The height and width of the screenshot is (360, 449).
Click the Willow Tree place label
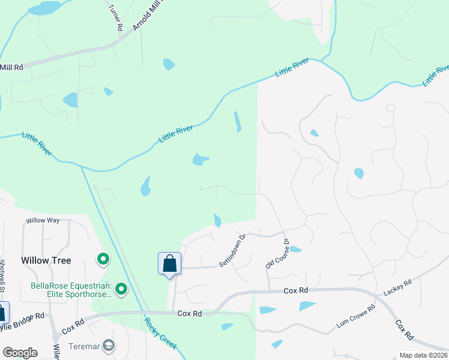(46, 260)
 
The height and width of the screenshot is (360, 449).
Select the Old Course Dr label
(277, 254)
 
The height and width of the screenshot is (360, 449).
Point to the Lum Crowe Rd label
(355, 317)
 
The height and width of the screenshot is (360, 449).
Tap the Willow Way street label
(42, 220)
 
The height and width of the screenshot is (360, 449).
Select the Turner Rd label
(116, 18)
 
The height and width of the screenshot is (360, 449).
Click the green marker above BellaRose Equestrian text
(103, 259)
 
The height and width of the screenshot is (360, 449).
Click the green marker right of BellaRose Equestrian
(121, 290)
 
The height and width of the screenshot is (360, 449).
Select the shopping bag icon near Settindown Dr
(169, 263)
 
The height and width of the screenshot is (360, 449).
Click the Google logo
(20, 353)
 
